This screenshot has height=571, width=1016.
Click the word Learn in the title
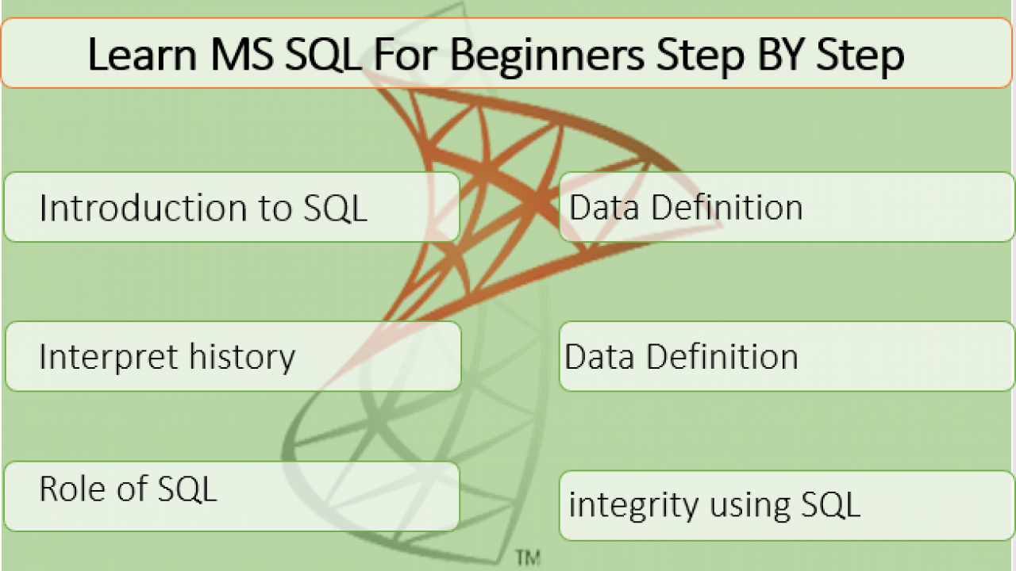coord(142,55)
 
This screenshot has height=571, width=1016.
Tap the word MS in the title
coord(242,55)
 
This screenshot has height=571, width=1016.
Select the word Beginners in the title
coord(548,56)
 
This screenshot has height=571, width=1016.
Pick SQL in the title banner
coord(324,56)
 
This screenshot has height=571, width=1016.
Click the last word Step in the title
coord(860,56)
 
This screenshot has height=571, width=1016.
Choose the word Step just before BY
coord(701,56)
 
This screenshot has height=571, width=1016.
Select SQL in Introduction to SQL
coord(335,209)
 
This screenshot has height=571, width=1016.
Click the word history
coord(242,358)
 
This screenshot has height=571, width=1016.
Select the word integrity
coord(633,505)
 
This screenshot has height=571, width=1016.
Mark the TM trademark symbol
coord(528,558)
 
